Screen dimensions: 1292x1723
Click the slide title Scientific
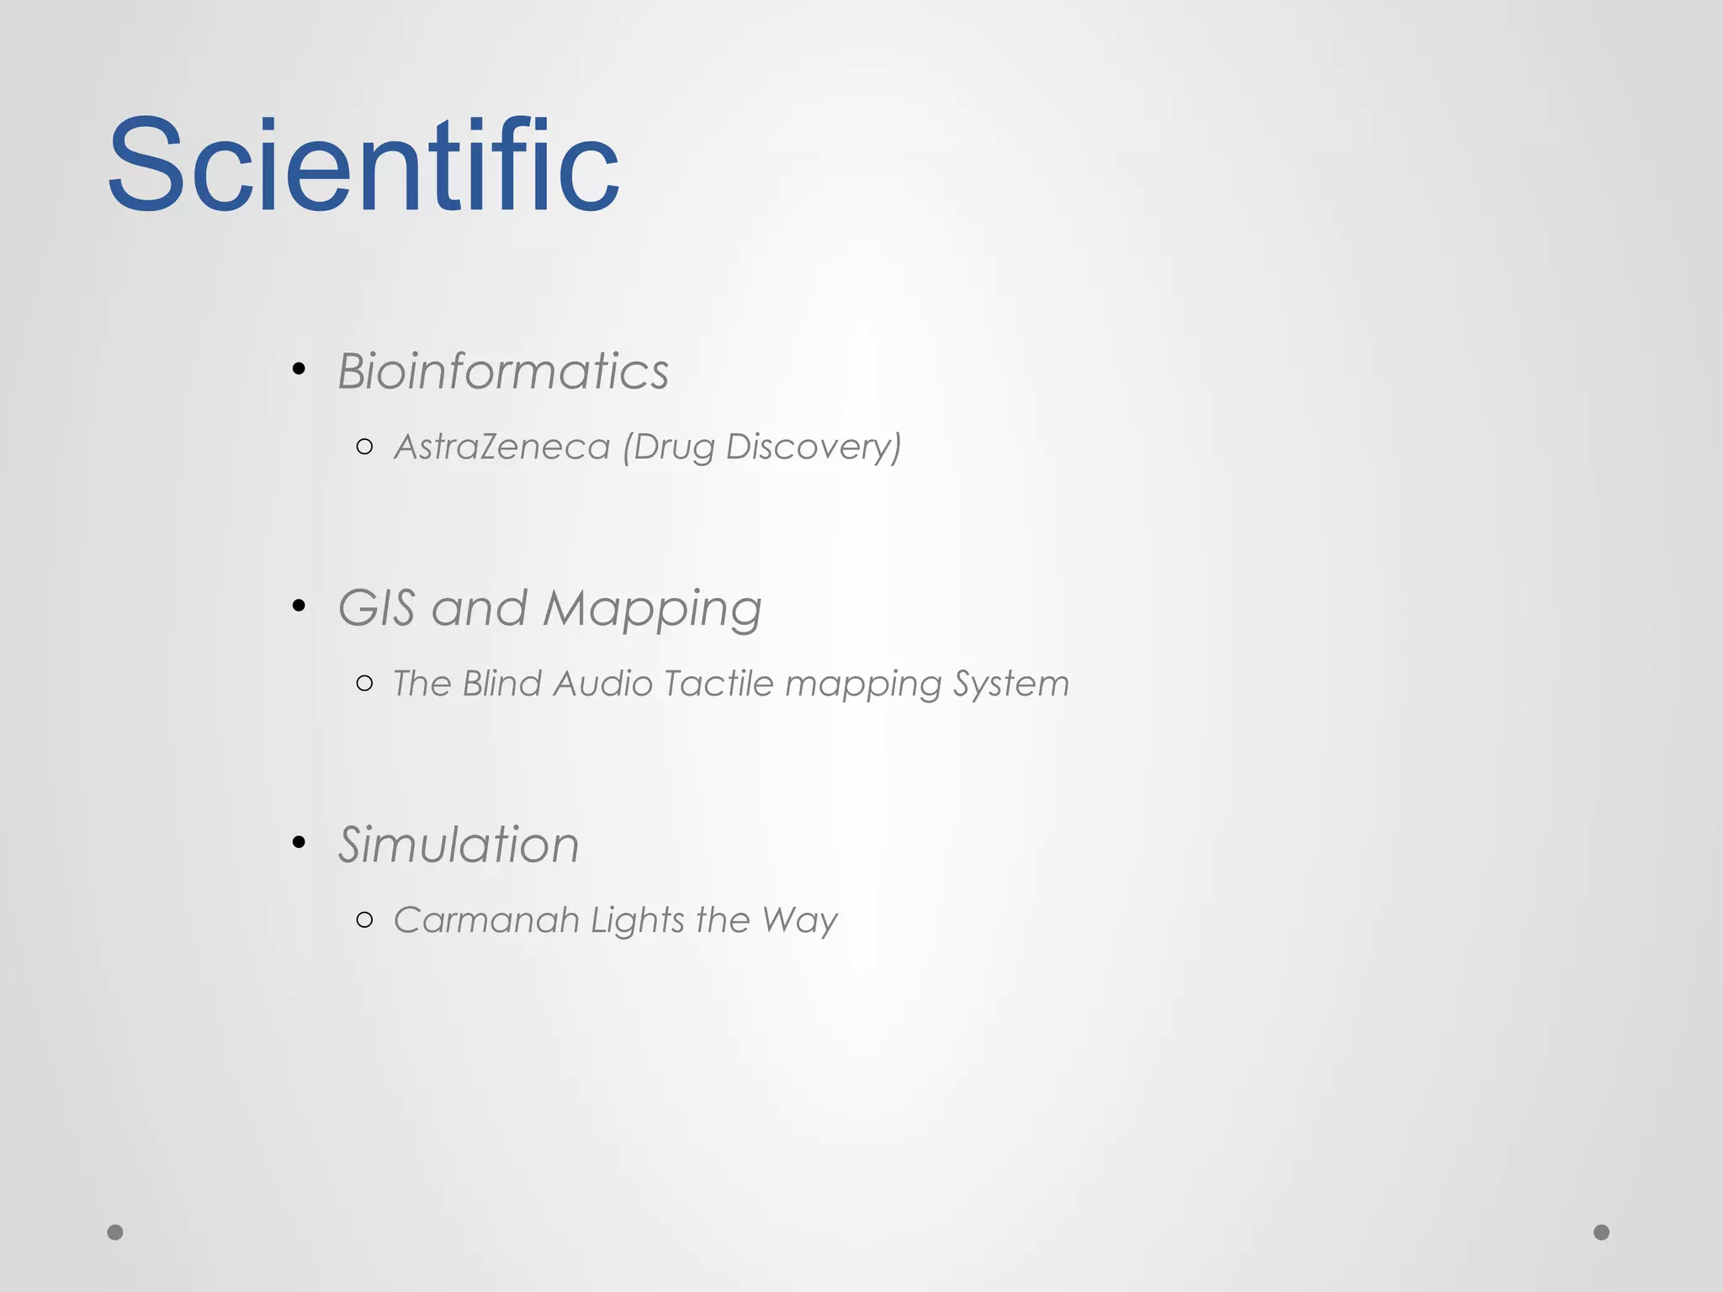click(x=363, y=165)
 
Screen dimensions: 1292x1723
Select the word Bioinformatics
click(x=503, y=371)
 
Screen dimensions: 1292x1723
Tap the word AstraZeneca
click(x=501, y=447)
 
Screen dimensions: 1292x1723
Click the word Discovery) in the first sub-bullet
click(x=814, y=447)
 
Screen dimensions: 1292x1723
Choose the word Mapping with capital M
click(x=653, y=609)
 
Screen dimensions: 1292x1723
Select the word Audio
click(x=603, y=683)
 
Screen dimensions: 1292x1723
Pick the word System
click(x=1011, y=684)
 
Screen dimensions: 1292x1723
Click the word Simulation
click(x=459, y=845)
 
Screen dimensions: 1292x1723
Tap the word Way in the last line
click(x=800, y=921)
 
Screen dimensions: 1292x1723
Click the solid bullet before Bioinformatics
click(x=299, y=368)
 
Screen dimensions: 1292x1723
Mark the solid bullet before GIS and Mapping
click(x=299, y=605)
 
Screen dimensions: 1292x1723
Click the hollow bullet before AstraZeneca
click(x=364, y=447)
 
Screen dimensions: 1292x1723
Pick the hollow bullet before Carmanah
click(x=364, y=919)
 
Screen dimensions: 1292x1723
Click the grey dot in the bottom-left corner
click(x=115, y=1232)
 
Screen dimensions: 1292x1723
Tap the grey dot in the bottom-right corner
click(x=1602, y=1232)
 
